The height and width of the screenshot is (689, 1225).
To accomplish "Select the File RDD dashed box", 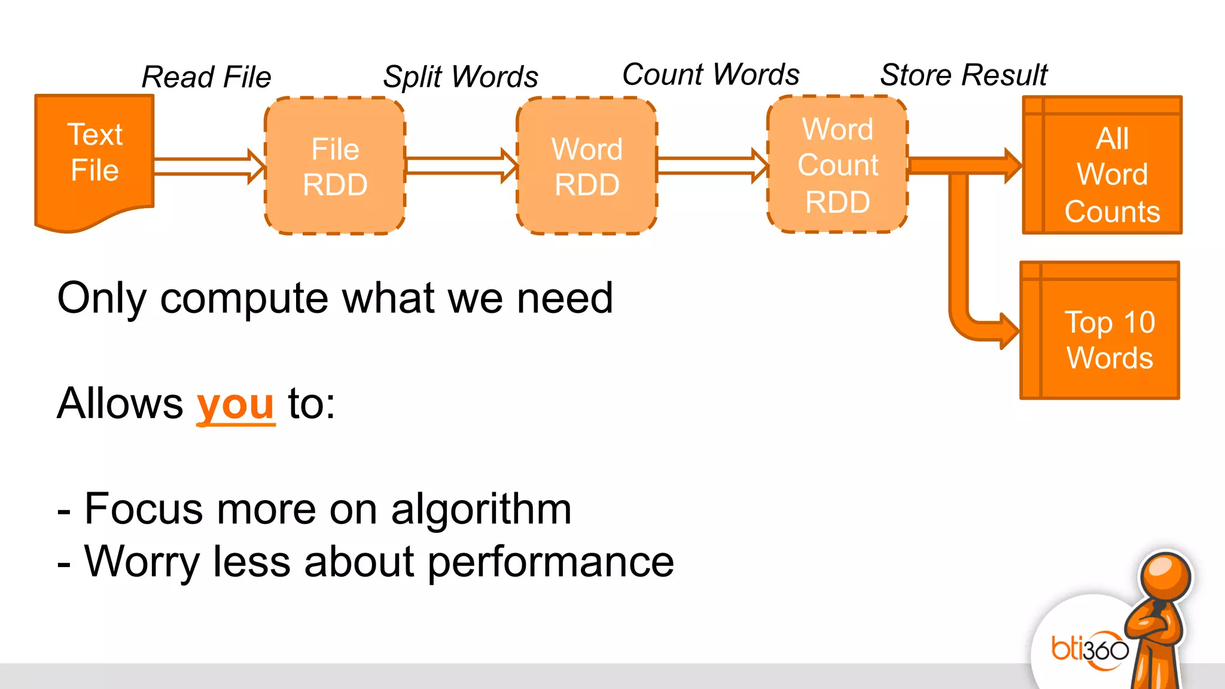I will point(335,166).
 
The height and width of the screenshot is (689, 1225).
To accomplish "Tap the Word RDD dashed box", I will point(587,166).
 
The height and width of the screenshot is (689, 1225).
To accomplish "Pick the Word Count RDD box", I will point(837,164).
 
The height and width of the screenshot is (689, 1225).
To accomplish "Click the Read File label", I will point(206,77).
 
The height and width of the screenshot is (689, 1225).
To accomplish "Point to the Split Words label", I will point(461,77).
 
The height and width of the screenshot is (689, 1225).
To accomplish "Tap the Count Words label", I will point(711,75).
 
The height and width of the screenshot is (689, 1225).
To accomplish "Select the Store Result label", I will point(964,75).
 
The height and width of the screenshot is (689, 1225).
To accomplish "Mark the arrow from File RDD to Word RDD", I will point(459,166).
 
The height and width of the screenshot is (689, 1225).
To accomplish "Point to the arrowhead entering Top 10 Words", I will point(1008,330).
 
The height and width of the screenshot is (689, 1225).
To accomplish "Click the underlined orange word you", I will point(236,404).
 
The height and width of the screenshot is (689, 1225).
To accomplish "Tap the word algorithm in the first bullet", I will point(481,510).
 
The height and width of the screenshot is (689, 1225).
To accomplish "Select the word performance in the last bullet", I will point(550,562).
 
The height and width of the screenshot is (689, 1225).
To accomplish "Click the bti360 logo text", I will point(1089,649).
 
